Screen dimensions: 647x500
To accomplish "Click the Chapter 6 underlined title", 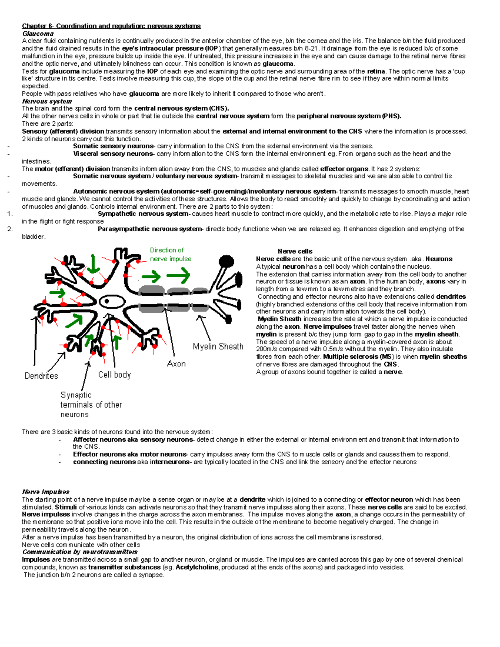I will [x=111, y=26].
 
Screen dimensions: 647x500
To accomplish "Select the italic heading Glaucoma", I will [x=38, y=34].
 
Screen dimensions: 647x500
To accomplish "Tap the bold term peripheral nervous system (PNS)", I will [x=349, y=116].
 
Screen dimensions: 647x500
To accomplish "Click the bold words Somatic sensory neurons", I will [x=113, y=146].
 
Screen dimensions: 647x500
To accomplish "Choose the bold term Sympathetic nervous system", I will [x=143, y=214].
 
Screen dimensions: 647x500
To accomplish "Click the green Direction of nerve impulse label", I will [x=170, y=255].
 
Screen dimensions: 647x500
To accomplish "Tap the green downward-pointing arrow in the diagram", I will [x=93, y=263].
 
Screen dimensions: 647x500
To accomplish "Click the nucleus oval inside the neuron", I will [x=107, y=301].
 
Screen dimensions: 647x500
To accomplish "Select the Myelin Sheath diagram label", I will [x=218, y=347].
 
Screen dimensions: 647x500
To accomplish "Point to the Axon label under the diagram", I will [x=176, y=364].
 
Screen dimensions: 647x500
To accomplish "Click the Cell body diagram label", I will [x=115, y=375].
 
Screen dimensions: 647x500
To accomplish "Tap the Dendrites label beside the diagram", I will [x=41, y=376].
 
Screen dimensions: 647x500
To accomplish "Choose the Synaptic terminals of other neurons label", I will [x=91, y=405].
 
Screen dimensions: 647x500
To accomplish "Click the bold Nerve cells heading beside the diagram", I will [x=295, y=251].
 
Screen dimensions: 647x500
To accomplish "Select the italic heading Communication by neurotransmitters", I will [x=80, y=552].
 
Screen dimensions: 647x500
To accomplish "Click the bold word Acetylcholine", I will [x=197, y=567].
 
